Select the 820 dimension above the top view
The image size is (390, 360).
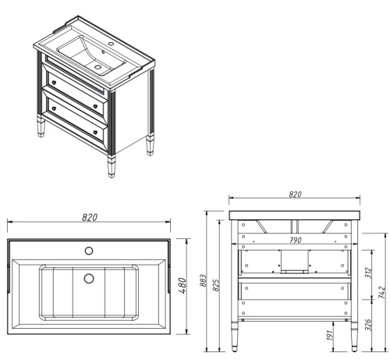pyautogui.click(x=90, y=217)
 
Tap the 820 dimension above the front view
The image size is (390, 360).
pyautogui.click(x=295, y=193)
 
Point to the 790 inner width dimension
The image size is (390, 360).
pyautogui.click(x=295, y=241)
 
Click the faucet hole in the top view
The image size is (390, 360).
pyautogui.click(x=89, y=251)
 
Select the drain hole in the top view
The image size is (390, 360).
pyautogui.click(x=89, y=277)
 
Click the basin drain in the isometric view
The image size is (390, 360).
pyautogui.click(x=99, y=67)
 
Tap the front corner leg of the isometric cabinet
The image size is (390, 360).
pyautogui.click(x=111, y=165)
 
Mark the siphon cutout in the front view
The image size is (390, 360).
pyautogui.click(x=295, y=261)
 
